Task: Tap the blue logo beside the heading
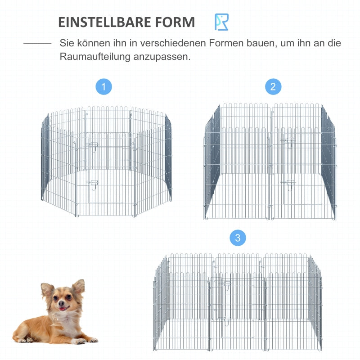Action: point(221,22)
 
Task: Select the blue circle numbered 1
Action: point(104,86)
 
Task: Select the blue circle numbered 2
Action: point(273,86)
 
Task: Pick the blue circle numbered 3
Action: point(238,238)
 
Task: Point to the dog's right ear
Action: point(47,289)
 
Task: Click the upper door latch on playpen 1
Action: point(94,144)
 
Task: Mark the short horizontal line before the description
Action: point(37,44)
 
